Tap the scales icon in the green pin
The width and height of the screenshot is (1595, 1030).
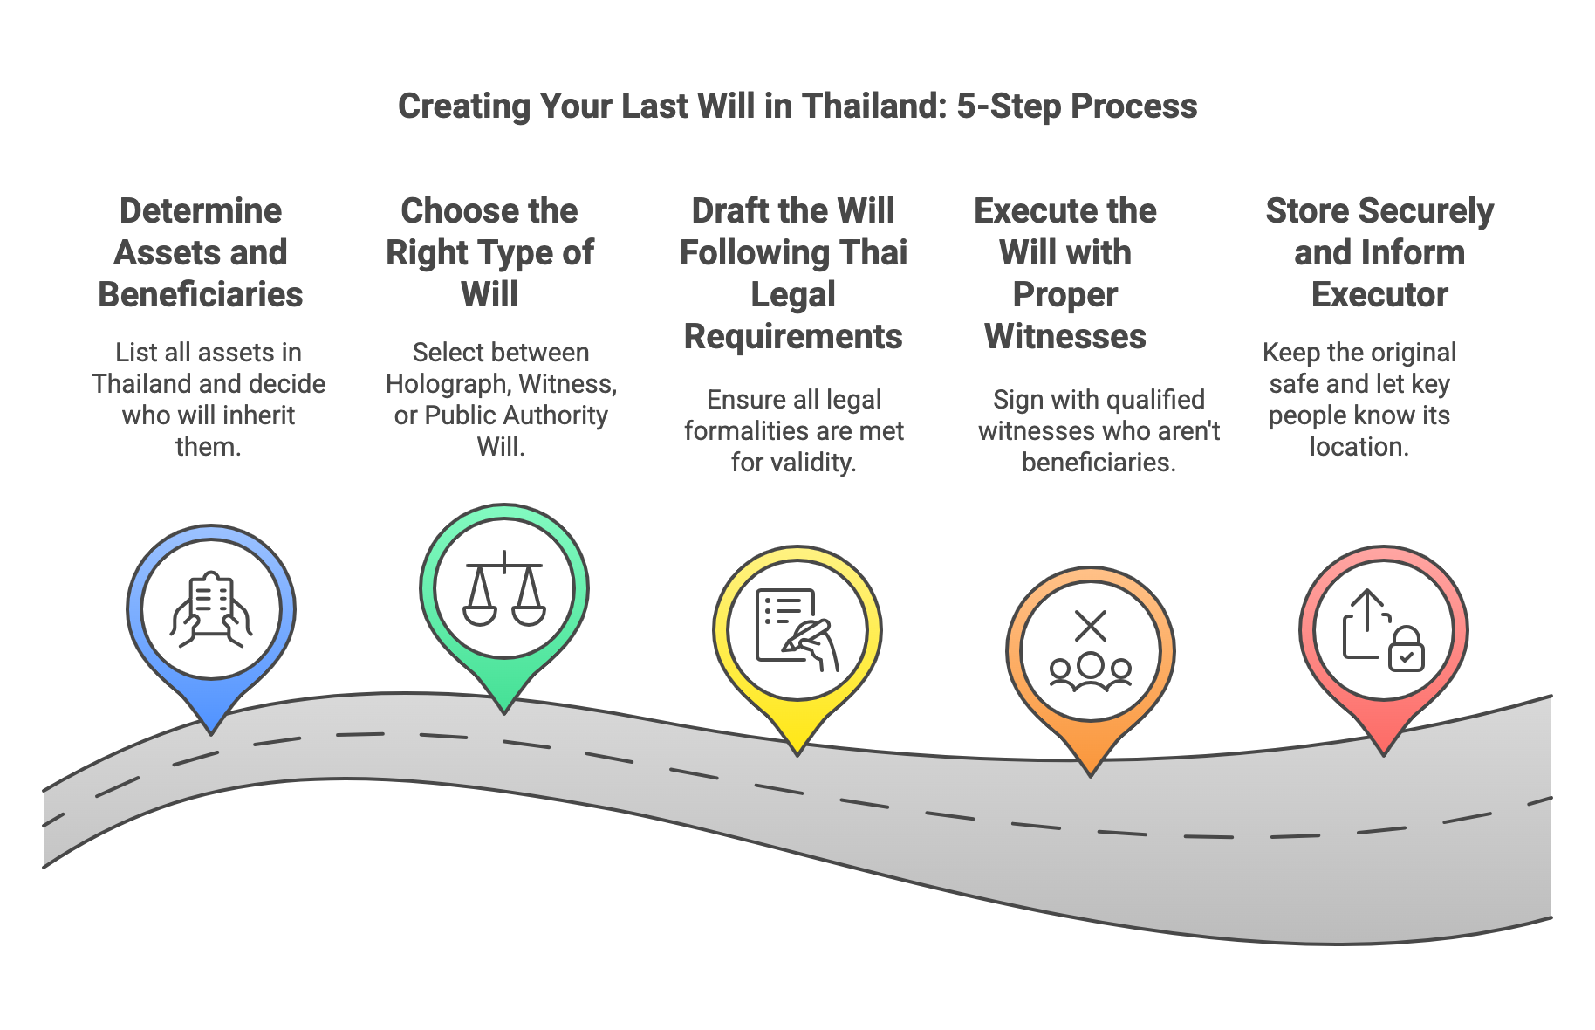point(504,588)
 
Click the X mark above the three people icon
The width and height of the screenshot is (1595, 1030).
point(1091,626)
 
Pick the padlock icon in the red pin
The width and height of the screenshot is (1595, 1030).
point(1406,649)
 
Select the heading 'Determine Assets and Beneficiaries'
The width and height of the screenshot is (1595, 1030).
point(201,252)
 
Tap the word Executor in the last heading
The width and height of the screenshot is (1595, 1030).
point(1379,295)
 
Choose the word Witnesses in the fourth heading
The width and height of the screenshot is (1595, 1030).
point(1064,337)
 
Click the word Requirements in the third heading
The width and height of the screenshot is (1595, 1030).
point(793,337)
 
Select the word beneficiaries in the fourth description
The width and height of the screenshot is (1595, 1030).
point(1098,463)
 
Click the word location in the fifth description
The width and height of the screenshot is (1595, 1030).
point(1357,447)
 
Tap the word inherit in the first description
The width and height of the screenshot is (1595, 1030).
point(260,415)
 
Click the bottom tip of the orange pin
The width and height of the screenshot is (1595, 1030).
point(1091,773)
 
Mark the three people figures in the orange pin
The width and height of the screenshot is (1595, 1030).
point(1091,672)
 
